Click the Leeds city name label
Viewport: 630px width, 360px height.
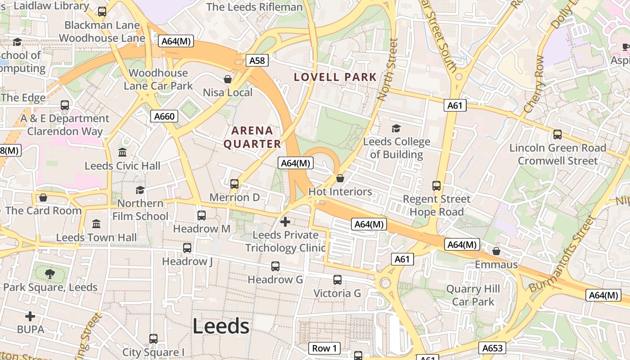coord(221,326)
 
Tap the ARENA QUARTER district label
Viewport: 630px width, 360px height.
coord(252,137)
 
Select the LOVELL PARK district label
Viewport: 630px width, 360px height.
coord(335,77)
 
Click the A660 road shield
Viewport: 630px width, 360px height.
coord(164,117)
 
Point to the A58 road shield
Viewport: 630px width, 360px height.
coord(257,60)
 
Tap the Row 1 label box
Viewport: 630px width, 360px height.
coord(324,348)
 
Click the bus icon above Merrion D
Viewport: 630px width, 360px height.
coord(234,184)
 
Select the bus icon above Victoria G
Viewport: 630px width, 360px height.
coord(337,280)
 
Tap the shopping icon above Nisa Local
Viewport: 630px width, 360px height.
coord(228,79)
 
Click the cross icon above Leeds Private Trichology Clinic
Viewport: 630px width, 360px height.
coord(285,221)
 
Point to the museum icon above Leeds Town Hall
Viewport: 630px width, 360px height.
coord(96,224)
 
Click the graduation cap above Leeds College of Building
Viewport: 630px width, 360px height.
coord(396,129)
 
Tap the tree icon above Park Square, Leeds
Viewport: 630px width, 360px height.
coord(50,274)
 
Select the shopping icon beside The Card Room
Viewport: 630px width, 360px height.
coord(43,198)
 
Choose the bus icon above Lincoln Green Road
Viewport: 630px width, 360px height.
coord(558,134)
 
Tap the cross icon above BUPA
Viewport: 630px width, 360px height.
coord(30,316)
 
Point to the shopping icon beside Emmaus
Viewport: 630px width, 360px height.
coord(496,251)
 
